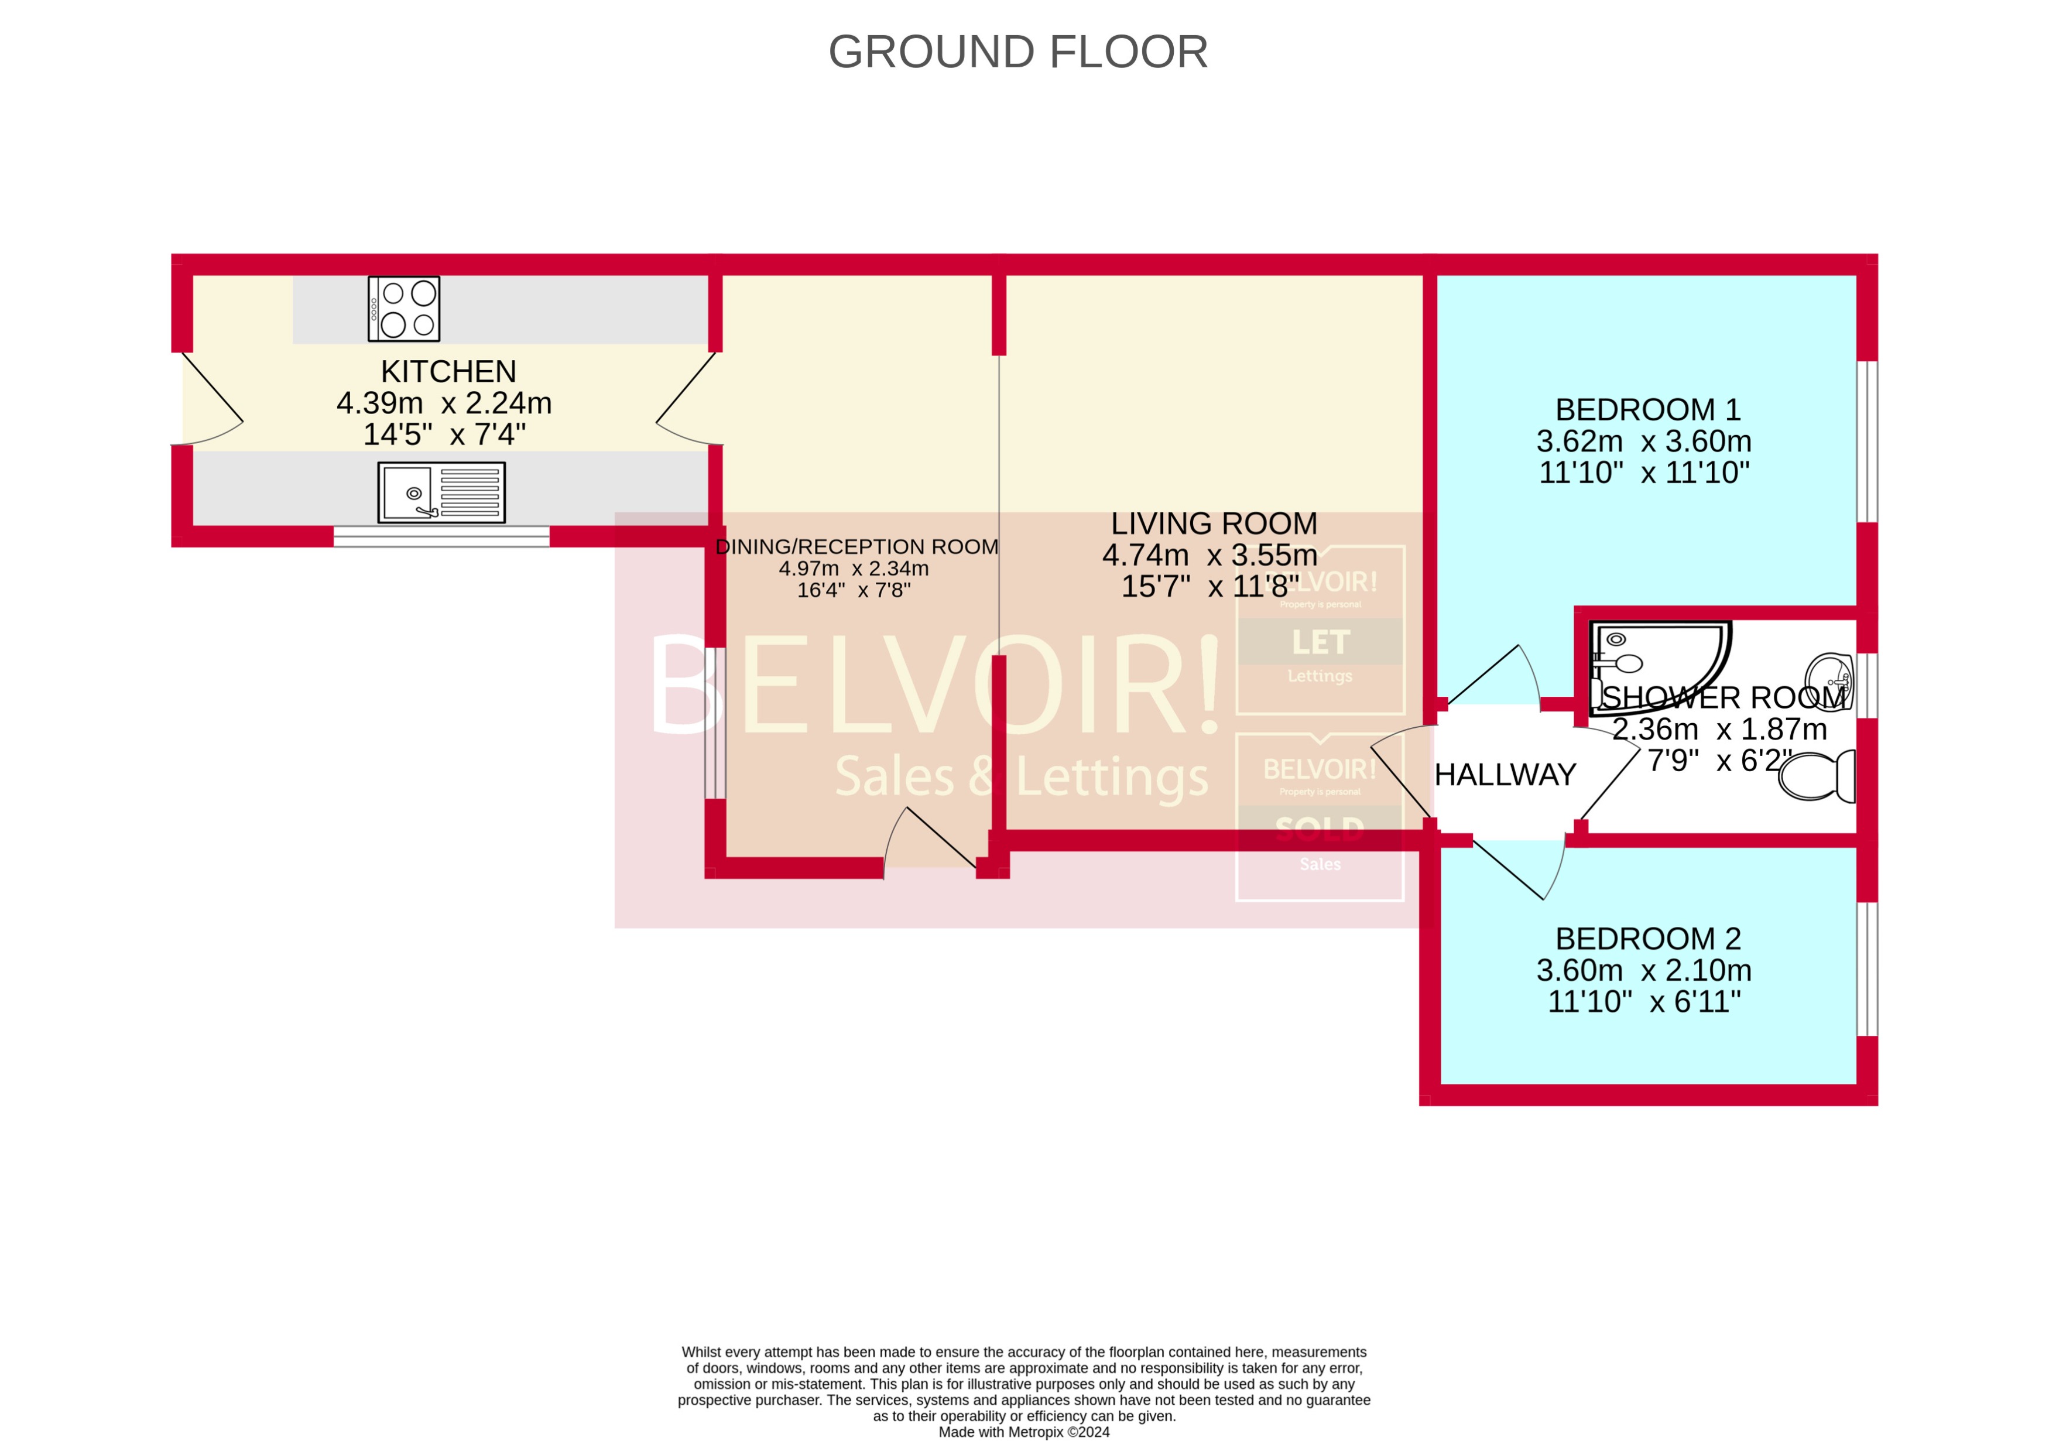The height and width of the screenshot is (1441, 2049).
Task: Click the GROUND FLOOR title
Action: coord(1017,52)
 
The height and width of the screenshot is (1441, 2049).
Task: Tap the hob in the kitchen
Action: coord(405,309)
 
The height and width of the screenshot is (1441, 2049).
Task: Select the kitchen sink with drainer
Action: coord(442,492)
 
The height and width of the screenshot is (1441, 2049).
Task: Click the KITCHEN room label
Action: coord(448,371)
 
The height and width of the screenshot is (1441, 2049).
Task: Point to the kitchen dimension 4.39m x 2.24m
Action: coord(444,403)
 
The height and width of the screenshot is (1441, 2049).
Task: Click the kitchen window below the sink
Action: coord(442,536)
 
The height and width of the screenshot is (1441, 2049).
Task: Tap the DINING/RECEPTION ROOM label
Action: coord(856,546)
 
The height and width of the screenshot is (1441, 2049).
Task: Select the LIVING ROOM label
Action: coord(1214,523)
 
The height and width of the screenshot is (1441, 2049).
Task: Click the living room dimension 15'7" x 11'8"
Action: coord(1209,587)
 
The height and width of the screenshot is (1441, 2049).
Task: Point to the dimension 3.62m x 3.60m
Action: coord(1644,441)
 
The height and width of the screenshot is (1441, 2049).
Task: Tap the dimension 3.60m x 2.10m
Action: coord(1644,970)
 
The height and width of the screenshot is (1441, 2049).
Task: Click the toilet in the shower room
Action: coord(1817,775)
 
